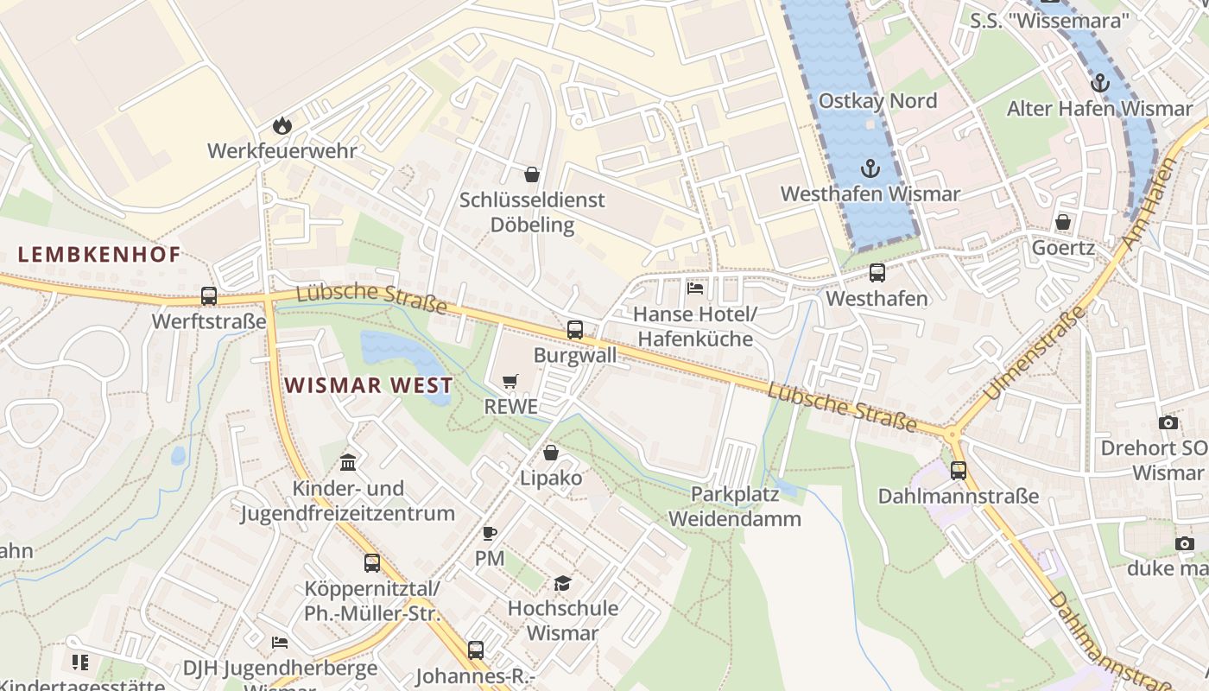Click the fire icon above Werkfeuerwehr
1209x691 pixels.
tap(282, 126)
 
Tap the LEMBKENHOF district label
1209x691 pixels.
tap(99, 255)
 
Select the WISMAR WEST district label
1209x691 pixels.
tap(369, 385)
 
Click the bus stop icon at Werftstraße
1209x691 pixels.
tap(209, 296)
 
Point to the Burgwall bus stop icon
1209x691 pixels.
tap(575, 329)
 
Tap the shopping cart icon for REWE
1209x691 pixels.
tap(511, 381)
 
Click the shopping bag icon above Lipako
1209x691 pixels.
tap(551, 453)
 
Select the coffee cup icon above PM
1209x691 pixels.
tap(490, 533)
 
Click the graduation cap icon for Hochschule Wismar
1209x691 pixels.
tap(563, 583)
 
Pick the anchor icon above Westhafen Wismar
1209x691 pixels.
tap(870, 168)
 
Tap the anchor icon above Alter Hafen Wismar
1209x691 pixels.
tap(1099, 84)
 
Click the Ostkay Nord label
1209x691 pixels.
tap(877, 101)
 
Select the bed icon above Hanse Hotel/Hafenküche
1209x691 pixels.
tap(695, 288)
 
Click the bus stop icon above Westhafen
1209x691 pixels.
tap(877, 273)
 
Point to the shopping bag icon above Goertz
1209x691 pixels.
tap(1063, 222)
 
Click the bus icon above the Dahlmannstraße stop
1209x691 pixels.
tap(959, 471)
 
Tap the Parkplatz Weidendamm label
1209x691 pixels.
tap(735, 507)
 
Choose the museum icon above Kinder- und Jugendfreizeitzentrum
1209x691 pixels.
tap(348, 462)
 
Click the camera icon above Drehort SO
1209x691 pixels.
tap(1168, 422)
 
